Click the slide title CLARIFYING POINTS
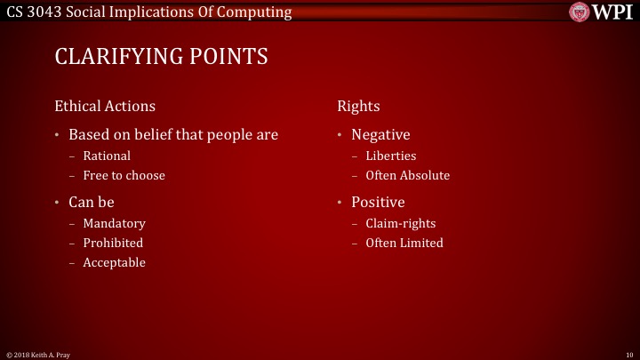pyautogui.click(x=161, y=57)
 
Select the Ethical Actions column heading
pyautogui.click(x=105, y=106)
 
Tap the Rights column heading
pyautogui.click(x=358, y=106)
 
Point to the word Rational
pyautogui.click(x=107, y=156)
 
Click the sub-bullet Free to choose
pyautogui.click(x=124, y=175)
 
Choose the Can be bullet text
pyautogui.click(x=92, y=202)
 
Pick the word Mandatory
pyautogui.click(x=114, y=223)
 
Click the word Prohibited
pyautogui.click(x=113, y=243)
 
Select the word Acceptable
pyautogui.click(x=114, y=262)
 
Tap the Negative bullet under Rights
pyautogui.click(x=380, y=135)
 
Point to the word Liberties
pyautogui.click(x=390, y=156)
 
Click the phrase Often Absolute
pyautogui.click(x=407, y=175)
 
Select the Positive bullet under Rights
pyautogui.click(x=378, y=202)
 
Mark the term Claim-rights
pyautogui.click(x=400, y=223)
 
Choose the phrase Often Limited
pyautogui.click(x=404, y=243)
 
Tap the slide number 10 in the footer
pyautogui.click(x=628, y=354)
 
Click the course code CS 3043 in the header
pyautogui.click(x=30, y=12)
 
